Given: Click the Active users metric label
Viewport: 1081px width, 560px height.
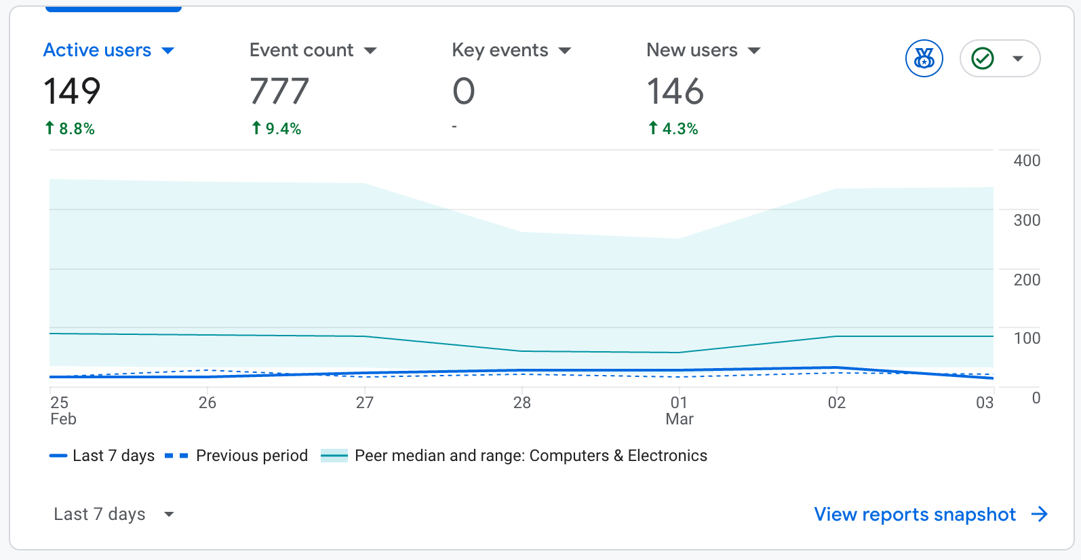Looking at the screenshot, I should click(x=97, y=50).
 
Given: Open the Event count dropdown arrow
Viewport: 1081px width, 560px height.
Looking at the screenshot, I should click(x=370, y=51).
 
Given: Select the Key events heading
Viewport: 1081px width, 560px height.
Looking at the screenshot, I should click(x=500, y=50).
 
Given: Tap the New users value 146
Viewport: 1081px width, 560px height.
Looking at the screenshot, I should click(x=675, y=92).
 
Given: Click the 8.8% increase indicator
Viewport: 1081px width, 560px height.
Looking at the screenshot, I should click(x=70, y=129).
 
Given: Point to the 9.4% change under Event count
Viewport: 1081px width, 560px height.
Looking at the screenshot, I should click(x=277, y=129).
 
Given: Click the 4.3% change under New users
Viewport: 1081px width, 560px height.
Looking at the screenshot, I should click(x=673, y=129).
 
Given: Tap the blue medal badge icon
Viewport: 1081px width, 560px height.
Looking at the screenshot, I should click(x=924, y=58).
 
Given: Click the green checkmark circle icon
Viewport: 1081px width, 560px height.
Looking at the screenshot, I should click(x=983, y=58).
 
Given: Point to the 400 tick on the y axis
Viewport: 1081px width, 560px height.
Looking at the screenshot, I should click(x=1026, y=161).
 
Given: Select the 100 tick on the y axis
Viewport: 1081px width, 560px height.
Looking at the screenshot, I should click(x=1026, y=338).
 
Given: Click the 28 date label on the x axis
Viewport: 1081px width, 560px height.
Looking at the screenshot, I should click(x=522, y=403).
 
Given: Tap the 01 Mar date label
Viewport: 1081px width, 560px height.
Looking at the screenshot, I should click(x=679, y=411).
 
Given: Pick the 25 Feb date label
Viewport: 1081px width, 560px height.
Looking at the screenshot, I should click(x=62, y=411).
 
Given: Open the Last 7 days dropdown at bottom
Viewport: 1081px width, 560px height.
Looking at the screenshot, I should click(x=113, y=515).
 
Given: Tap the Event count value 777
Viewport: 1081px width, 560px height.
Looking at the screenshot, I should click(x=279, y=92).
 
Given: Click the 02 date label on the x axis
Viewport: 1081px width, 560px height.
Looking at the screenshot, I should click(x=836, y=403).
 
